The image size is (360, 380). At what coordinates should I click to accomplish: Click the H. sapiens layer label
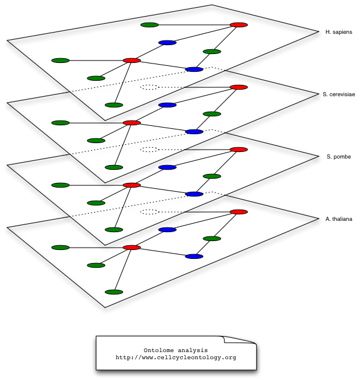339,31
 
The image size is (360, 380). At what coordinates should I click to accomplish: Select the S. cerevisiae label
339,94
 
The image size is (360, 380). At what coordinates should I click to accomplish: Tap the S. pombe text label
339,157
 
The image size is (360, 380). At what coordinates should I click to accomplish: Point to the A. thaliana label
339,219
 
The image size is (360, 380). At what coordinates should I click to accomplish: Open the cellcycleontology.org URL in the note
176,357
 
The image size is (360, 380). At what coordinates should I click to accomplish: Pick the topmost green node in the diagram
150,25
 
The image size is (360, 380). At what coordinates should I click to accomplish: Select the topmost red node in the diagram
239,25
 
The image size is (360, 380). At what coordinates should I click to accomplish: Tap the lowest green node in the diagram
113,292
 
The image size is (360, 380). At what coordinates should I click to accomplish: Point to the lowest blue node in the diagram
194,256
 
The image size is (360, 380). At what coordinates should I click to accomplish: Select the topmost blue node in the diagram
168,43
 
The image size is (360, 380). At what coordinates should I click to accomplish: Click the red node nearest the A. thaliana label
239,212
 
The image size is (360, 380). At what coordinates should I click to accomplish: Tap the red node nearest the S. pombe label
239,150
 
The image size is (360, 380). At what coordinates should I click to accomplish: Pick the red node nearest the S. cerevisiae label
239,87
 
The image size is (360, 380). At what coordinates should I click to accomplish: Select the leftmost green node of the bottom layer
61,248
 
